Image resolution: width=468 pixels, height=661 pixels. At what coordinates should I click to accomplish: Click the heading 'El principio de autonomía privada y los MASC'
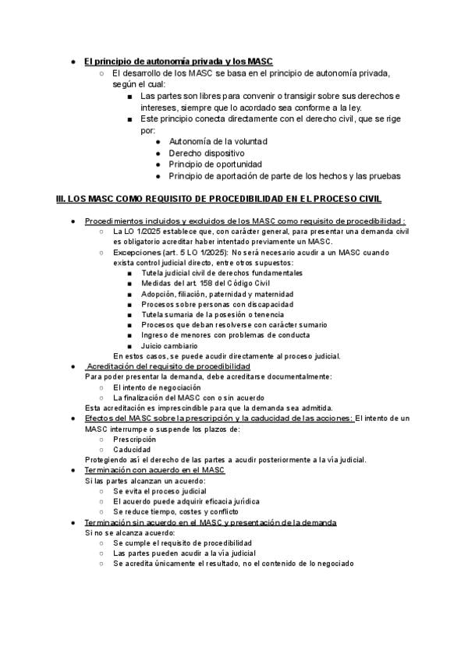[178, 61]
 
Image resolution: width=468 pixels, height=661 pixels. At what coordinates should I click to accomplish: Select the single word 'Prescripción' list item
[135, 439]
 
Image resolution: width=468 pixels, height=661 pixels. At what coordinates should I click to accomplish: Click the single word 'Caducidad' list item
[131, 449]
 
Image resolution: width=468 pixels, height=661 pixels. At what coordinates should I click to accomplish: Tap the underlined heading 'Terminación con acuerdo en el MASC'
[154, 471]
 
